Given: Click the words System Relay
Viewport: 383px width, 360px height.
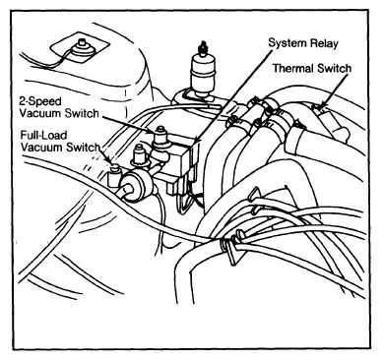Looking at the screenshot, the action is pyautogui.click(x=303, y=43).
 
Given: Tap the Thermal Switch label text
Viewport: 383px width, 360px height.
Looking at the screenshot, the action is pyautogui.click(x=312, y=68).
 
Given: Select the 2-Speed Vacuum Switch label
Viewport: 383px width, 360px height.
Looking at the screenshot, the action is pyautogui.click(x=59, y=107).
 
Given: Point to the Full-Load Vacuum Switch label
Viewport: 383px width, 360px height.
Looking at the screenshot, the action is pyautogui.click(x=60, y=141).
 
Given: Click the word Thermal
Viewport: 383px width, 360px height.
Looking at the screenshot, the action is pyautogui.click(x=293, y=68).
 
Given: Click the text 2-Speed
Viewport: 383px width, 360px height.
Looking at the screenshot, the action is pyautogui.click(x=40, y=101).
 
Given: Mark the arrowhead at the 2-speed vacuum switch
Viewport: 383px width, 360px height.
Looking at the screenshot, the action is pyautogui.click(x=151, y=131).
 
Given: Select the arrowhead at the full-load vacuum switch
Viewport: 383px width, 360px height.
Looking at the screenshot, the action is pyautogui.click(x=110, y=162).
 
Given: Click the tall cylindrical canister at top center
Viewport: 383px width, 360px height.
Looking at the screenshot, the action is pyautogui.click(x=202, y=73).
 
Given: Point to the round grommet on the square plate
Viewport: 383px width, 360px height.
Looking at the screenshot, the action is pyautogui.click(x=80, y=48).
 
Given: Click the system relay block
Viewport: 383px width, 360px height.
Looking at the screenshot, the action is pyautogui.click(x=183, y=154).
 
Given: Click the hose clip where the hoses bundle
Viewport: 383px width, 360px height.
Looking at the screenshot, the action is pyautogui.click(x=231, y=250).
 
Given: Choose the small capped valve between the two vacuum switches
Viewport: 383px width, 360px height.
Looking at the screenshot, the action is pyautogui.click(x=137, y=156).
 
